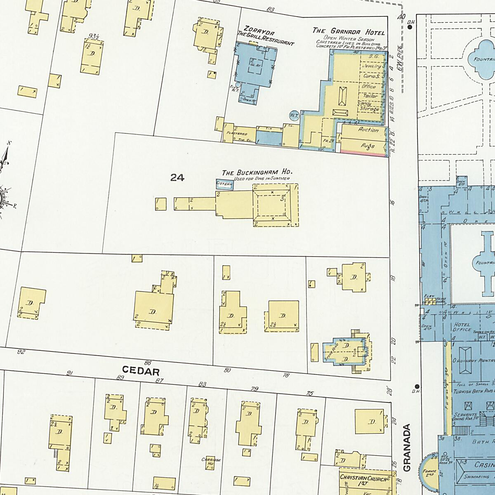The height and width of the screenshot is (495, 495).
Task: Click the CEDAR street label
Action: click(x=141, y=371)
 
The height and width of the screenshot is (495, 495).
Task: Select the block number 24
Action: click(x=177, y=178)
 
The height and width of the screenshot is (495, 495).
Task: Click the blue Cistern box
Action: click(x=225, y=185)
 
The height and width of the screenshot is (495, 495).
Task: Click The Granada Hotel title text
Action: click(x=349, y=32)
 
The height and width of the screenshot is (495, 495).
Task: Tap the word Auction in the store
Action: click(x=368, y=130)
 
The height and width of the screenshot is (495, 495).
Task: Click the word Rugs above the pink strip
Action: click(x=368, y=146)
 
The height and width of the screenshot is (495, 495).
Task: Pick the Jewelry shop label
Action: click(x=372, y=66)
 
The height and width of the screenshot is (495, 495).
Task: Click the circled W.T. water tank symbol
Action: click(x=294, y=115)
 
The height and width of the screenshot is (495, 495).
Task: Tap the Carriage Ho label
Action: click(x=211, y=462)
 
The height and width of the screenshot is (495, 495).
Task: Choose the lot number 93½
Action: click(x=93, y=37)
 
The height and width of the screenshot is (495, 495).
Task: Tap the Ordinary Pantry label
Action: click(x=473, y=360)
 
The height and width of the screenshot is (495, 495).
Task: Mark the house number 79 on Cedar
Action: click(x=255, y=389)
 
